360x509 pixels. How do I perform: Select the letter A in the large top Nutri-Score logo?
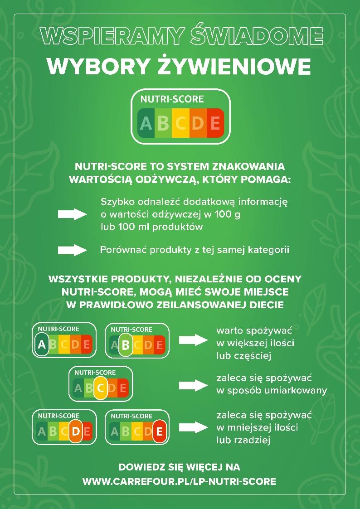click(146, 123)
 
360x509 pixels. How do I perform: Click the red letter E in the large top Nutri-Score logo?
click(215, 123)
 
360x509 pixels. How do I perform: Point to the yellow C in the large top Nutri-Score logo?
click(181, 123)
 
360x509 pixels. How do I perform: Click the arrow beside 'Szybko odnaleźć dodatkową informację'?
click(72, 214)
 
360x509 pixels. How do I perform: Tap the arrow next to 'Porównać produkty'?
click(72, 250)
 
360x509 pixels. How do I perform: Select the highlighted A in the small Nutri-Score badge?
click(42, 345)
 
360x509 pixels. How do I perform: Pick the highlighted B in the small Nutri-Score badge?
click(126, 345)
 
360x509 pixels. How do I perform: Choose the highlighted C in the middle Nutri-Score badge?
click(101, 388)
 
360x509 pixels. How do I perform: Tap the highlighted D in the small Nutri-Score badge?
click(75, 431)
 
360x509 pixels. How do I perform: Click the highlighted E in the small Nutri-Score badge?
click(159, 431)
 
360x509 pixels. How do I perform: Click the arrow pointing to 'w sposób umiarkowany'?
click(194, 385)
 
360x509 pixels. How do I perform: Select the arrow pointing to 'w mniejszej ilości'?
click(194, 427)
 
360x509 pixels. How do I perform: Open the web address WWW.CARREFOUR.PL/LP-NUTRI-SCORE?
click(179, 481)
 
